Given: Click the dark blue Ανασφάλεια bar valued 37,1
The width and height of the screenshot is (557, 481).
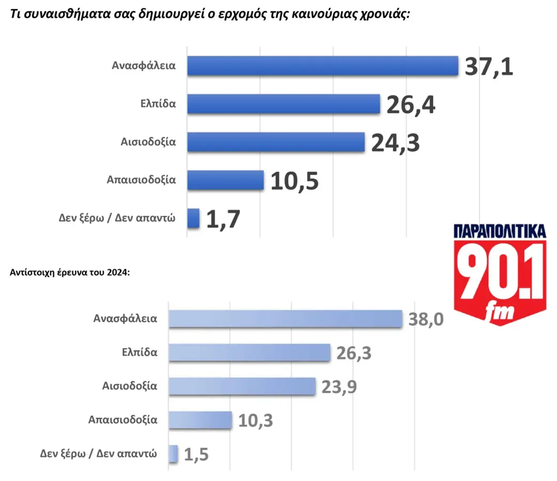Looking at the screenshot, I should point(323,66).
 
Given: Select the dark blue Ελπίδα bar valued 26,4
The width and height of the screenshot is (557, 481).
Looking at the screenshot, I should point(283,104).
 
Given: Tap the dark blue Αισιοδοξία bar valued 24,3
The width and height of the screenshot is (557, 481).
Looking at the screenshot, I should point(276,142).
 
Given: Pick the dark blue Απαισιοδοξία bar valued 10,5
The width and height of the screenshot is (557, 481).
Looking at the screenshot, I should point(225,180).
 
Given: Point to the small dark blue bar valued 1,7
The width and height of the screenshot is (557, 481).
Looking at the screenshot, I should point(193,218).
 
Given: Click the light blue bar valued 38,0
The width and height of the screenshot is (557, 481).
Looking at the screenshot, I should point(285,319).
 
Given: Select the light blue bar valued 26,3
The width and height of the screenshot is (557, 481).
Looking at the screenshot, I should point(249,352).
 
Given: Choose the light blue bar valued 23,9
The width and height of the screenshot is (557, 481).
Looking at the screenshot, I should point(242,386).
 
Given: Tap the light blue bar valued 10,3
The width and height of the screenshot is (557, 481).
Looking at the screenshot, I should point(200,420).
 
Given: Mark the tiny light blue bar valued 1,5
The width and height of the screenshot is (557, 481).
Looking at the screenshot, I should point(173,454).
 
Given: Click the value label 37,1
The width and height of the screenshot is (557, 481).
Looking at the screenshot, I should point(489,66).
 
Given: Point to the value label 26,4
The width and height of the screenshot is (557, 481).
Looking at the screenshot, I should point(411,105).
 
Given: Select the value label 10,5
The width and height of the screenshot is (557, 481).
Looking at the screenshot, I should point(295,181).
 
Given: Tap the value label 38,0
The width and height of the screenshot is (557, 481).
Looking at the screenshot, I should point(426,320).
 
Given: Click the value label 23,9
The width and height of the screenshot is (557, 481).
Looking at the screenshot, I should point(339,387).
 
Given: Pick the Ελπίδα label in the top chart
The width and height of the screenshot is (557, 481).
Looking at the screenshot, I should point(158,104).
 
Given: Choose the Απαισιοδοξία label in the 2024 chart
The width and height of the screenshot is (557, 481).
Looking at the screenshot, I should point(123,420).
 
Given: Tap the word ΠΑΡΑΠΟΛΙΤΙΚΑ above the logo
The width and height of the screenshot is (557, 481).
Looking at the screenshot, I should point(500,231).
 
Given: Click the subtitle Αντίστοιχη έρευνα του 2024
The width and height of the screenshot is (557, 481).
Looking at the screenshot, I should point(70,272).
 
